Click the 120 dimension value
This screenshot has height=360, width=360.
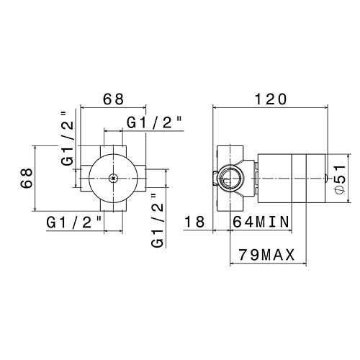pos(271,99)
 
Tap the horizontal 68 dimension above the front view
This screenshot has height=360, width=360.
pos(113,99)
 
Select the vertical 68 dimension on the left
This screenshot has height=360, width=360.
pos(27,178)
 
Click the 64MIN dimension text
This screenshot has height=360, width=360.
pos(261,222)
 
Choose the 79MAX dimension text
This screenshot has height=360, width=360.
pos(266,255)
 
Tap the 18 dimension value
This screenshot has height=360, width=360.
pos(194,222)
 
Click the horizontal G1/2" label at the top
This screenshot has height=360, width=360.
pos(154,122)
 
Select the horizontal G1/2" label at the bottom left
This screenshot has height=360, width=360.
pos(74,222)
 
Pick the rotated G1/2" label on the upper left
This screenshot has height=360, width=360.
pos(67,139)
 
